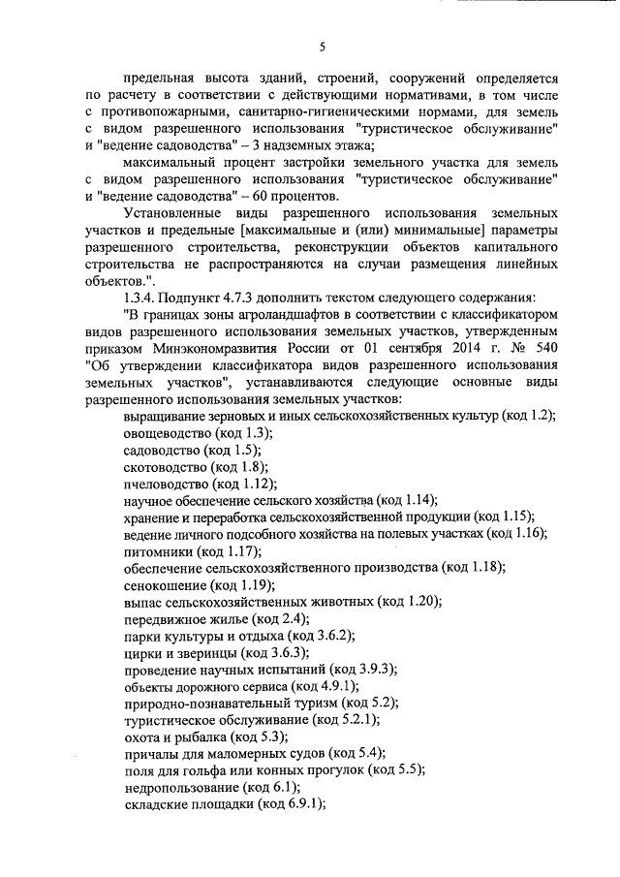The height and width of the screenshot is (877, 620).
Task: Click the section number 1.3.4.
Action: point(131,296)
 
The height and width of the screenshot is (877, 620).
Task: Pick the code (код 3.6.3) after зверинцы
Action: point(262,654)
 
